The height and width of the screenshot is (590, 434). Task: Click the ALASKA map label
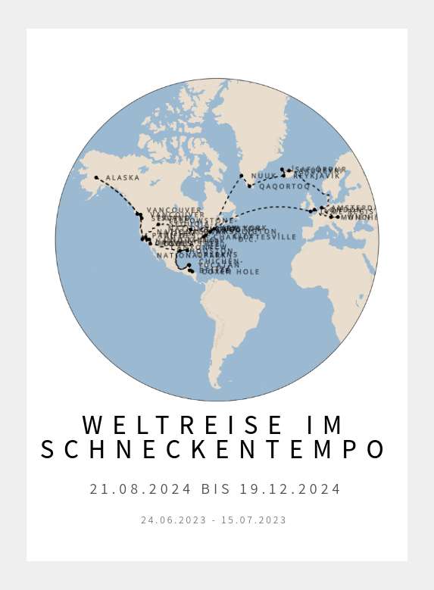point(123,178)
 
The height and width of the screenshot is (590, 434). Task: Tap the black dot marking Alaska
point(96,178)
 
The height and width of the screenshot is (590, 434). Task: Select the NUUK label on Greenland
point(264,176)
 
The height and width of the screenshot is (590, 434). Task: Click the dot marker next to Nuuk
point(242,176)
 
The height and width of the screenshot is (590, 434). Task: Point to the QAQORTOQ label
point(284,186)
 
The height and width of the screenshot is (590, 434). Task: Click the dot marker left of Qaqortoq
point(250,186)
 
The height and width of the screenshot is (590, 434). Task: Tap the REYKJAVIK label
point(317,176)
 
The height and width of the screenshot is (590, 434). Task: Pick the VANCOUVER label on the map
point(174,210)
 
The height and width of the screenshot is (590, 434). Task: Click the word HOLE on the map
point(247,272)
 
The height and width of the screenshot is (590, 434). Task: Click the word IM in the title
point(326,425)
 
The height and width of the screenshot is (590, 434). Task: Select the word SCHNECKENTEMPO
point(213,450)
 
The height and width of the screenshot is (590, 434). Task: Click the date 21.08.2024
point(140,489)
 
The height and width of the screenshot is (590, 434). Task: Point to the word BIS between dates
point(215,489)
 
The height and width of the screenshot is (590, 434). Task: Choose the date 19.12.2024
point(290,489)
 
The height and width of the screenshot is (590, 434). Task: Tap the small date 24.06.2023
point(172,520)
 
